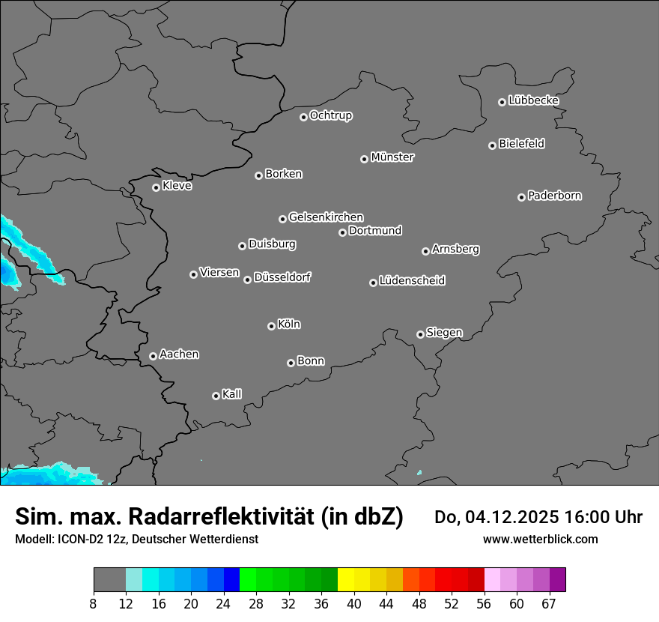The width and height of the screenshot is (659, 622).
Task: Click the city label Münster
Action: (392, 157)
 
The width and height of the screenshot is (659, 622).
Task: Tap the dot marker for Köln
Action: (271, 326)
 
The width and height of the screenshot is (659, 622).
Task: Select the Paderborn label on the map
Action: (555, 196)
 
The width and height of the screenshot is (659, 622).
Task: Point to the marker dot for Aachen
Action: (153, 356)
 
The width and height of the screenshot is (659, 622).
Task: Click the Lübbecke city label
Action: (533, 100)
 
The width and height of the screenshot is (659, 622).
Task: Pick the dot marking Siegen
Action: (420, 334)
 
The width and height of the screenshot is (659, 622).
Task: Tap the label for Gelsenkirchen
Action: (326, 217)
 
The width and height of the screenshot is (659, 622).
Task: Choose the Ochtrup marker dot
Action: (303, 117)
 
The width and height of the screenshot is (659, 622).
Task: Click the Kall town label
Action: (232, 394)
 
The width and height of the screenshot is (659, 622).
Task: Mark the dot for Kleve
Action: (156, 187)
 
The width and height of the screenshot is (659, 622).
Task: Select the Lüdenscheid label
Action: (412, 281)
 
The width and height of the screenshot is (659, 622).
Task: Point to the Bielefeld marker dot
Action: (492, 145)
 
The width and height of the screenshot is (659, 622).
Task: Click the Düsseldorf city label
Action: (282, 277)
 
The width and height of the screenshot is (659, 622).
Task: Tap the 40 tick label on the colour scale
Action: (354, 603)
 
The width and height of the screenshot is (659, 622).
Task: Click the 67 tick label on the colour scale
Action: (549, 603)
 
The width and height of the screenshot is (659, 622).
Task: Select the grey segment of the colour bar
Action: (109, 580)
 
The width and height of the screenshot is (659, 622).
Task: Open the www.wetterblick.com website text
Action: (540, 539)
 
